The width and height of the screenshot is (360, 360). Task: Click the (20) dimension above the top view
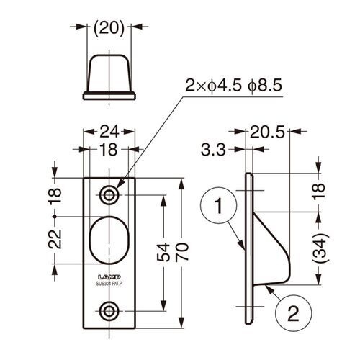[x=109, y=29]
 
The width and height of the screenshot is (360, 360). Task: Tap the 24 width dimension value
[x=109, y=132]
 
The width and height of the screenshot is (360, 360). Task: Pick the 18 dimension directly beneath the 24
[x=109, y=149]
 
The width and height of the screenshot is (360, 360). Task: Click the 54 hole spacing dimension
[x=164, y=252]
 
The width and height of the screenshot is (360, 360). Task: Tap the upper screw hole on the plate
[x=109, y=194]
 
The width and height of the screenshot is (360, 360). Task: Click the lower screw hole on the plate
[x=109, y=311]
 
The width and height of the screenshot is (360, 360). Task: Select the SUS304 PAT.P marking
[x=109, y=284]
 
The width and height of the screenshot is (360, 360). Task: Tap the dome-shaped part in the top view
[x=109, y=76]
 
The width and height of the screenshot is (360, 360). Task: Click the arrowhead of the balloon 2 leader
[x=265, y=286]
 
